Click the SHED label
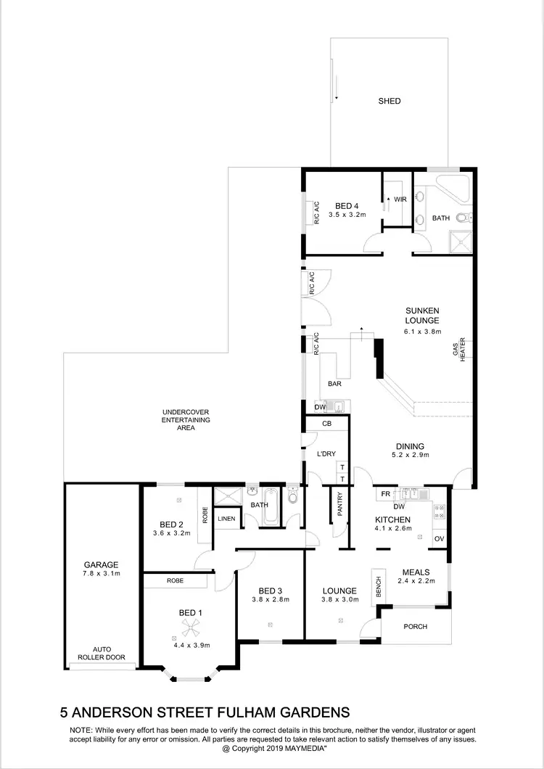click(x=390, y=102)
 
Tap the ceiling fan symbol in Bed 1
click(x=189, y=628)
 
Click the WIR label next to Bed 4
click(x=400, y=198)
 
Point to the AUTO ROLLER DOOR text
click(x=102, y=654)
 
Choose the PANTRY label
click(x=338, y=506)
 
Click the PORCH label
click(x=416, y=627)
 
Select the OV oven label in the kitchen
click(x=439, y=538)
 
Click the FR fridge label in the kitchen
click(x=386, y=494)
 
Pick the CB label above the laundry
click(x=326, y=423)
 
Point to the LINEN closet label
click(x=226, y=519)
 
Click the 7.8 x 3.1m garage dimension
click(x=100, y=573)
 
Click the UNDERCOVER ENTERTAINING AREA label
click(x=186, y=420)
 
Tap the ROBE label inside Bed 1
click(x=174, y=581)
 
